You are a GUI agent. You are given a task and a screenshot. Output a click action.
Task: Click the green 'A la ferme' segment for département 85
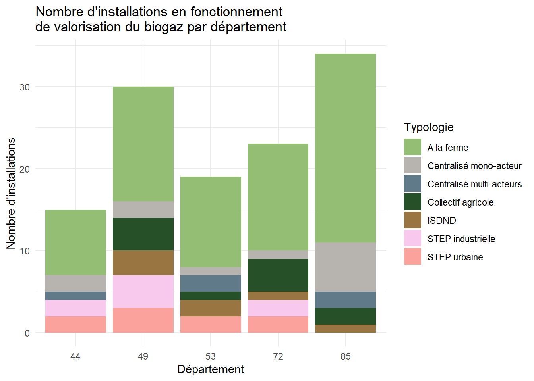point(345,148)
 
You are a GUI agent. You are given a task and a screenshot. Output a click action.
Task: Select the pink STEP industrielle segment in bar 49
point(143,291)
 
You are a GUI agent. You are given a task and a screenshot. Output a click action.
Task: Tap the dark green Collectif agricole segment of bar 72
point(278,275)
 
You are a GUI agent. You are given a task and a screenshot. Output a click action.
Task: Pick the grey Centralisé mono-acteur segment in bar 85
point(345,267)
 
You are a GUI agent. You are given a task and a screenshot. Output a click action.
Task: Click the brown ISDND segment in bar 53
point(211,308)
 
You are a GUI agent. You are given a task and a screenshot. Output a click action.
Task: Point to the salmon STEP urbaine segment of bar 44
point(75,324)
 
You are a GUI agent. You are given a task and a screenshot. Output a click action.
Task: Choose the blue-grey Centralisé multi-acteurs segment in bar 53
point(211,283)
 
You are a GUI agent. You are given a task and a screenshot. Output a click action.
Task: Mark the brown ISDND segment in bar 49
point(143,262)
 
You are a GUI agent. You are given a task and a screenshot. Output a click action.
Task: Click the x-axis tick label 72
point(278,356)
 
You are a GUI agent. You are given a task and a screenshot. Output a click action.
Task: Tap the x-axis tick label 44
point(75,356)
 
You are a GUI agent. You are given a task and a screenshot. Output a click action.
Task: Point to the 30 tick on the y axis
point(25,87)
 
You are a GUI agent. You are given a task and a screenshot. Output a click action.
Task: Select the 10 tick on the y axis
point(25,251)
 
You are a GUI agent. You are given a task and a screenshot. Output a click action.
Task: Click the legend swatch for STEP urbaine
point(412,257)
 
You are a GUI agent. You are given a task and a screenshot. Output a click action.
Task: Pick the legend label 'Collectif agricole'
point(460,202)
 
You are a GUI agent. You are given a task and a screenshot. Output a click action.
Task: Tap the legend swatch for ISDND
point(412,220)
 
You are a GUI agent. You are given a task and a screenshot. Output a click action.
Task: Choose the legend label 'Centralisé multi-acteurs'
point(474,184)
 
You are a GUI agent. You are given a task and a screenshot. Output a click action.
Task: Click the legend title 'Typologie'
point(429,127)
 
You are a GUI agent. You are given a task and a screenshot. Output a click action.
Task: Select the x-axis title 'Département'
point(211,369)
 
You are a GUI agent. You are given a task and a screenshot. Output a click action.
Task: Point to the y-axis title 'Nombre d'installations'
point(11,193)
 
